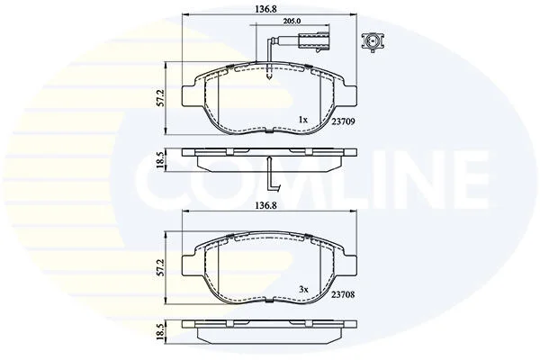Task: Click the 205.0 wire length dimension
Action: click(x=292, y=21)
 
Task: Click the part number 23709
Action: click(x=344, y=121)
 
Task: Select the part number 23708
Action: click(x=343, y=294)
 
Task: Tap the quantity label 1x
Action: click(x=302, y=120)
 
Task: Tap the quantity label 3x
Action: click(x=303, y=290)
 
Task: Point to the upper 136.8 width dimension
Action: click(x=265, y=9)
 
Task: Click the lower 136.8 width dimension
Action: click(x=265, y=205)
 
